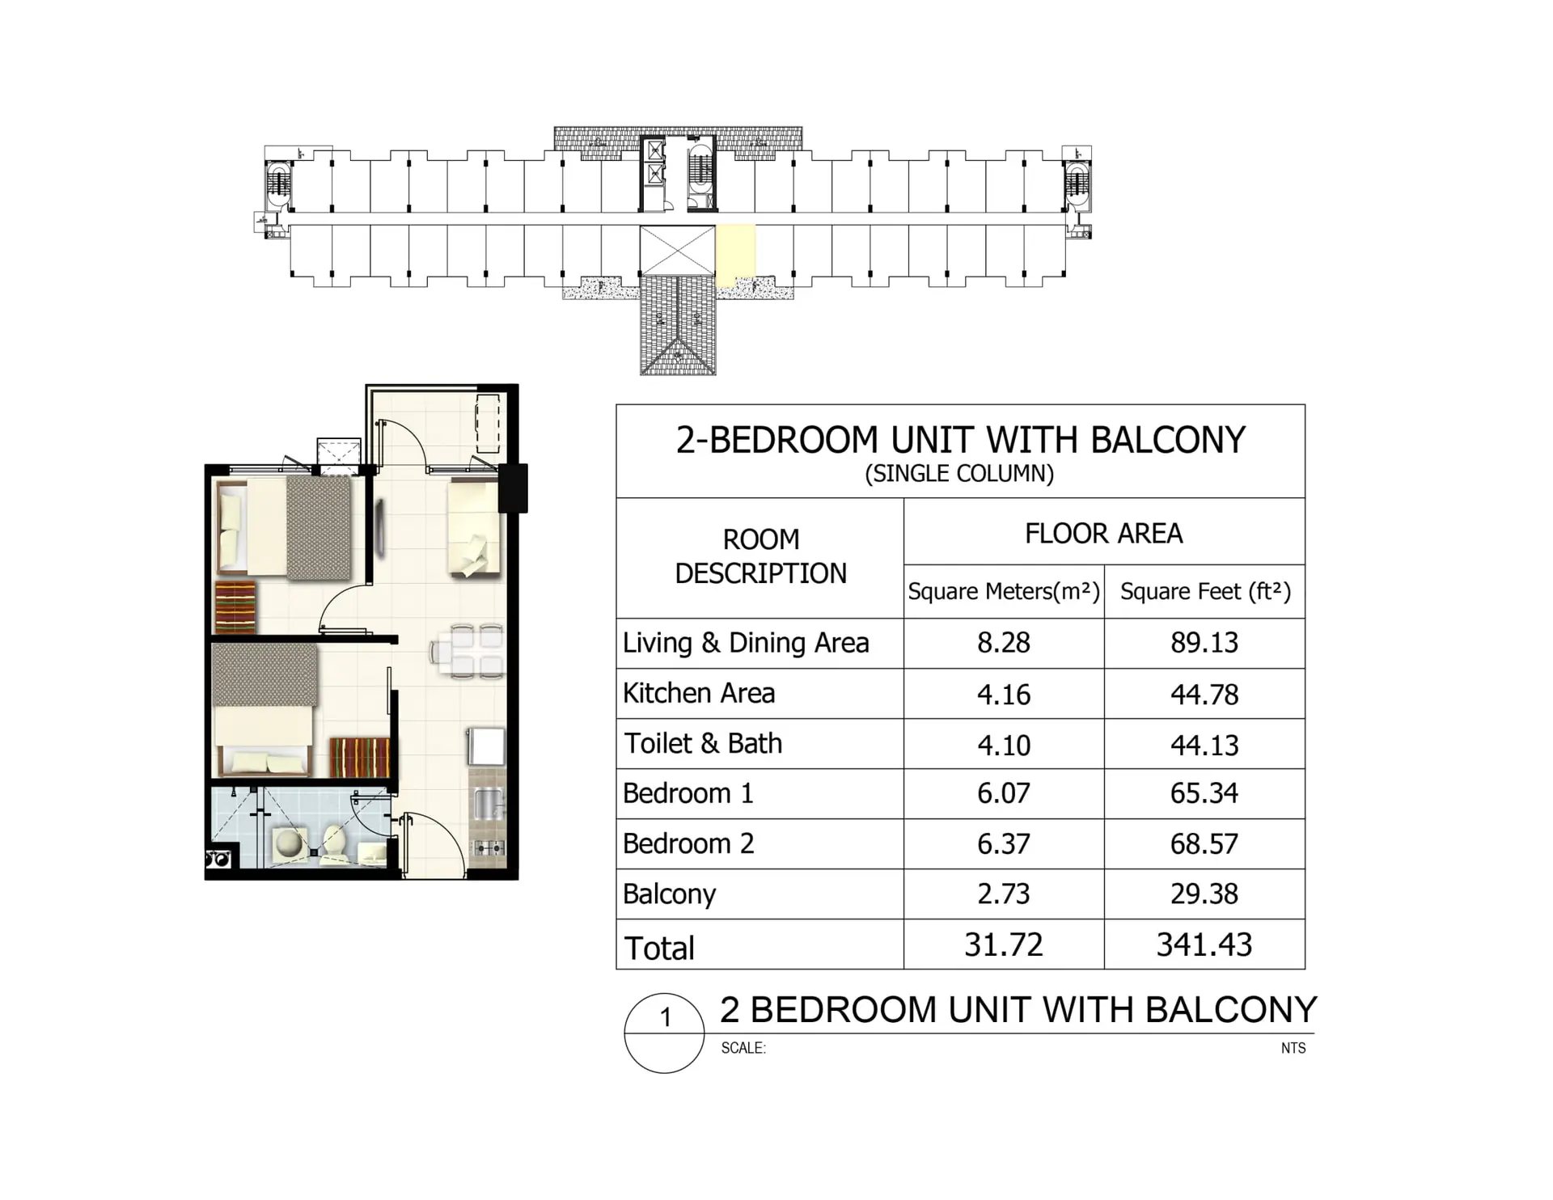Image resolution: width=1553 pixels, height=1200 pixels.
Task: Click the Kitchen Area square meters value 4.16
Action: click(x=1004, y=695)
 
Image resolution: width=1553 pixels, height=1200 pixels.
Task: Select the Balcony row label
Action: click(x=669, y=894)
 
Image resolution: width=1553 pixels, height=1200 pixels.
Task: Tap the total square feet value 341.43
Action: click(x=1204, y=944)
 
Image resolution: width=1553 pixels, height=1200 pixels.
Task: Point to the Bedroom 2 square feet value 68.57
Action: click(x=1204, y=844)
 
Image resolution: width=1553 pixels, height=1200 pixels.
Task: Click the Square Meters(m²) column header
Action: click(x=1004, y=592)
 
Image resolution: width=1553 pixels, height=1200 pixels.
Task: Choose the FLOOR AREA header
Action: click(x=1104, y=534)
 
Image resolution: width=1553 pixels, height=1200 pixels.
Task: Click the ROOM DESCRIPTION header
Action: click(x=761, y=556)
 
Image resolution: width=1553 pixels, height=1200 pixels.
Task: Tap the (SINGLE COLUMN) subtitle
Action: click(x=960, y=474)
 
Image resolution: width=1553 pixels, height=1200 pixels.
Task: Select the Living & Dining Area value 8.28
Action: click(x=1004, y=643)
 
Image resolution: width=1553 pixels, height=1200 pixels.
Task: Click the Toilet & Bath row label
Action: click(x=703, y=744)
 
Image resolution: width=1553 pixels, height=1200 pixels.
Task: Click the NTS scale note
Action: click(x=1293, y=1048)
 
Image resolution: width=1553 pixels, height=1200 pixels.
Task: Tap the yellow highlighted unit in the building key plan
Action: click(x=735, y=253)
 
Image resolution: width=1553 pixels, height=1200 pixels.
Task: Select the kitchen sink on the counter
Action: click(x=487, y=805)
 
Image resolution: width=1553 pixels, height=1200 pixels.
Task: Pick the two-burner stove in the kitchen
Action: click(x=489, y=848)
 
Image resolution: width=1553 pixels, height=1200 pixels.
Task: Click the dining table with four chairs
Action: click(x=468, y=650)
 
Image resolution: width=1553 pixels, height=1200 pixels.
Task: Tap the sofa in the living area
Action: click(x=475, y=528)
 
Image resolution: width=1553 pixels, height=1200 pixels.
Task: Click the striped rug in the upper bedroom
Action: click(x=235, y=607)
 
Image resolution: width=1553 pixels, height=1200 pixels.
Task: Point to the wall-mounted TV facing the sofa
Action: click(x=379, y=529)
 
